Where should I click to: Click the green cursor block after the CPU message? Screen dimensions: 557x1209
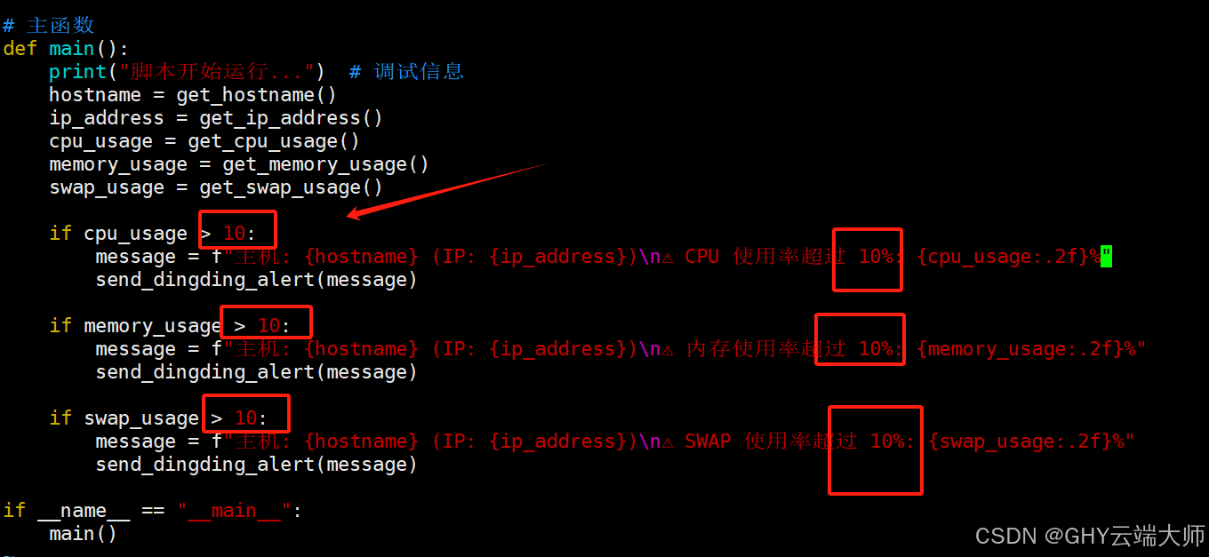1107,257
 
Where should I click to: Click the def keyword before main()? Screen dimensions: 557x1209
20,49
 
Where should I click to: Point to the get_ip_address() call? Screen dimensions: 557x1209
291,118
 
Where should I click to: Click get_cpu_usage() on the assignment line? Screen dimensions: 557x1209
274,141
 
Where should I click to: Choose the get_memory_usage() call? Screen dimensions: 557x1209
325,164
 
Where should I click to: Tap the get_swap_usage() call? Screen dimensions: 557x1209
291,187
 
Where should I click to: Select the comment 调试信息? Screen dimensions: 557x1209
419,72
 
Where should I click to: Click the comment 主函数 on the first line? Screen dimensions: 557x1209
60,26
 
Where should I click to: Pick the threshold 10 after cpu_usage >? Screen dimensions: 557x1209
234,234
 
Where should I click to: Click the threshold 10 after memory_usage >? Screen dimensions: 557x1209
268,326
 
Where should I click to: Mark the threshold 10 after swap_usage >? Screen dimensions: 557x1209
245,418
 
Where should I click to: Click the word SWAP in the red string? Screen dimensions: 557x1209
708,442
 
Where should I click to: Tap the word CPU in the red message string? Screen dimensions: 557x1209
701,257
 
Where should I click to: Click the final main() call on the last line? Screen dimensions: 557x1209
83,534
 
